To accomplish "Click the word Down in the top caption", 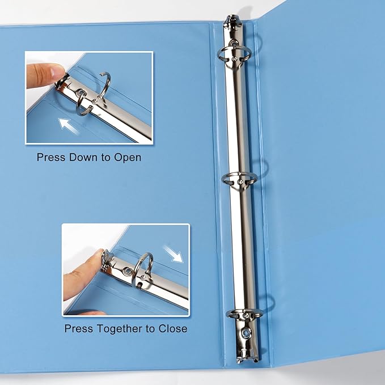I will click(83, 157).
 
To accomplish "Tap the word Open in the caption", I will click(128, 157).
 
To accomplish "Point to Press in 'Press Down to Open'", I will click(50, 157).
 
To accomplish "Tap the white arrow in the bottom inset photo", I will click(175, 255).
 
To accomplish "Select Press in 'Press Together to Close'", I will click(77, 328).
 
